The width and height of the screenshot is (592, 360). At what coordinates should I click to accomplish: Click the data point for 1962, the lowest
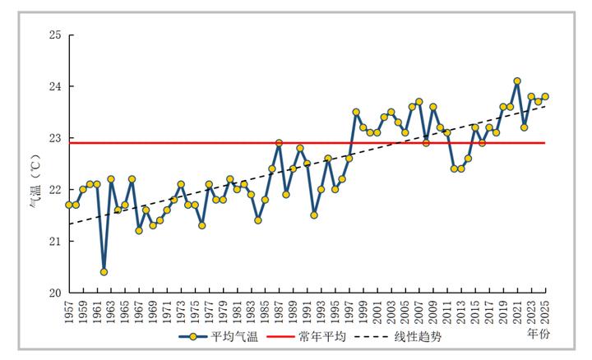click(x=104, y=271)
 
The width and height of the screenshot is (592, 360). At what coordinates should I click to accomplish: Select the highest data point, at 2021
click(x=517, y=81)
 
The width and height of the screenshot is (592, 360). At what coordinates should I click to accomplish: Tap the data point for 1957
click(x=69, y=205)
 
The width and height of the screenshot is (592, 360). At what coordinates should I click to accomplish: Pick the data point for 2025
click(x=545, y=97)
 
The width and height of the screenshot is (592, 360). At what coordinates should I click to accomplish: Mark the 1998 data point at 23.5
click(x=356, y=112)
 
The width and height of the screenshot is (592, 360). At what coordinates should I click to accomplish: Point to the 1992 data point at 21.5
click(x=314, y=215)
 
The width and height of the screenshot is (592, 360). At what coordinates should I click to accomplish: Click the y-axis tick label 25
click(x=55, y=35)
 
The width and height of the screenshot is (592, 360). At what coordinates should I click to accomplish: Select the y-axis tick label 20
click(x=55, y=293)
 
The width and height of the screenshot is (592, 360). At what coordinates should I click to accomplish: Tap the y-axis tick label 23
click(x=55, y=138)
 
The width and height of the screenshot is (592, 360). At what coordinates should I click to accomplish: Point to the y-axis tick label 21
click(x=55, y=241)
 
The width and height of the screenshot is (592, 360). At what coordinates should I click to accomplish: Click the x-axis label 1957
click(x=70, y=312)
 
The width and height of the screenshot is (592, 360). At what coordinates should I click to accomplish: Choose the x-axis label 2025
click(x=546, y=312)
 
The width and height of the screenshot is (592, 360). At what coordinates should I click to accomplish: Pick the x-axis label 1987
click(x=280, y=312)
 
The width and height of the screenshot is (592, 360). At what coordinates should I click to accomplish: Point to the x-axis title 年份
click(x=539, y=335)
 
